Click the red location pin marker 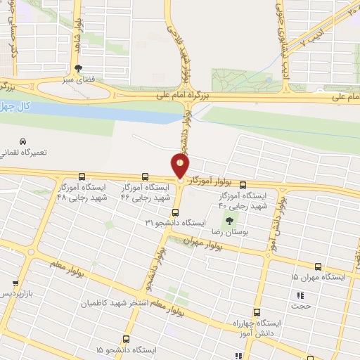coord(181,167)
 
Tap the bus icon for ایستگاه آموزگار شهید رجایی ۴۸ coord(82,176)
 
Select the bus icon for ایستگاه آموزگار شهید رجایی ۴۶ coord(145,176)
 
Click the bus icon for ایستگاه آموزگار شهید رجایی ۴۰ coord(243,185)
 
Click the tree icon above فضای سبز coord(77,68)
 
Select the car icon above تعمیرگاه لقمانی coord(24,141)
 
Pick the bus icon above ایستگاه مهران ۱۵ coord(319,266)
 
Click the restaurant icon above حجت coord(301,295)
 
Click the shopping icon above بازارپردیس coord(15,283)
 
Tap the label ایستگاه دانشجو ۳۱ coord(176,222)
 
